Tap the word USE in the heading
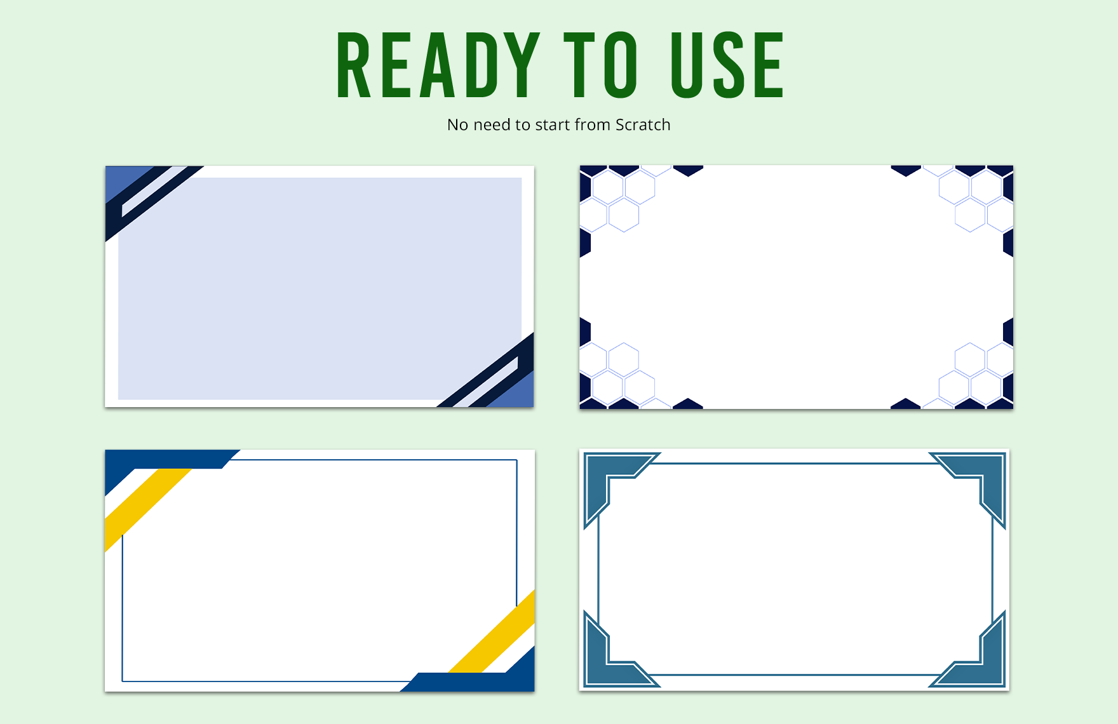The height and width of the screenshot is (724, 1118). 728,65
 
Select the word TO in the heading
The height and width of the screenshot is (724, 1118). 600,65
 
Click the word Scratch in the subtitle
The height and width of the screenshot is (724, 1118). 643,124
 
